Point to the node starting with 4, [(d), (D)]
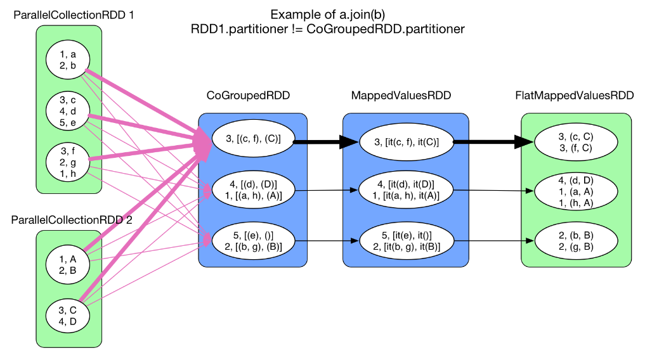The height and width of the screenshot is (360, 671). tap(252, 190)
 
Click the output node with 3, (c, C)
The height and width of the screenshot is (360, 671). tap(576, 142)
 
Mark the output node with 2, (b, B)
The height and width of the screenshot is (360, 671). tap(576, 241)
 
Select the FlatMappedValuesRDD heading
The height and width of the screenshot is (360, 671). tap(575, 96)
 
